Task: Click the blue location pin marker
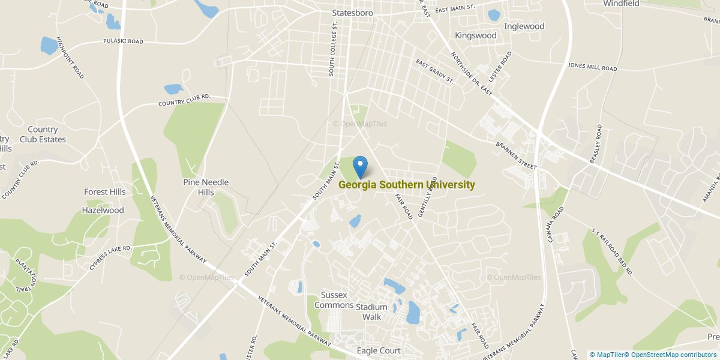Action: tap(360, 166)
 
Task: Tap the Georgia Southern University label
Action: tap(407, 185)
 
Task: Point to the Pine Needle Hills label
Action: tap(206, 187)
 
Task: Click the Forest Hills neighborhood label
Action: tap(105, 192)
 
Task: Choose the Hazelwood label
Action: tap(104, 211)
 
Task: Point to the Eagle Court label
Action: tap(379, 350)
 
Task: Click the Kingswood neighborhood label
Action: tap(476, 35)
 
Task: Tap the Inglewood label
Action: tap(524, 26)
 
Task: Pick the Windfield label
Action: tap(621, 4)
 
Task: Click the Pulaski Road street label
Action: tap(122, 42)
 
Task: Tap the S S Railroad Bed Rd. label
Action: tap(612, 250)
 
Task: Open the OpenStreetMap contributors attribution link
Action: tap(674, 355)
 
